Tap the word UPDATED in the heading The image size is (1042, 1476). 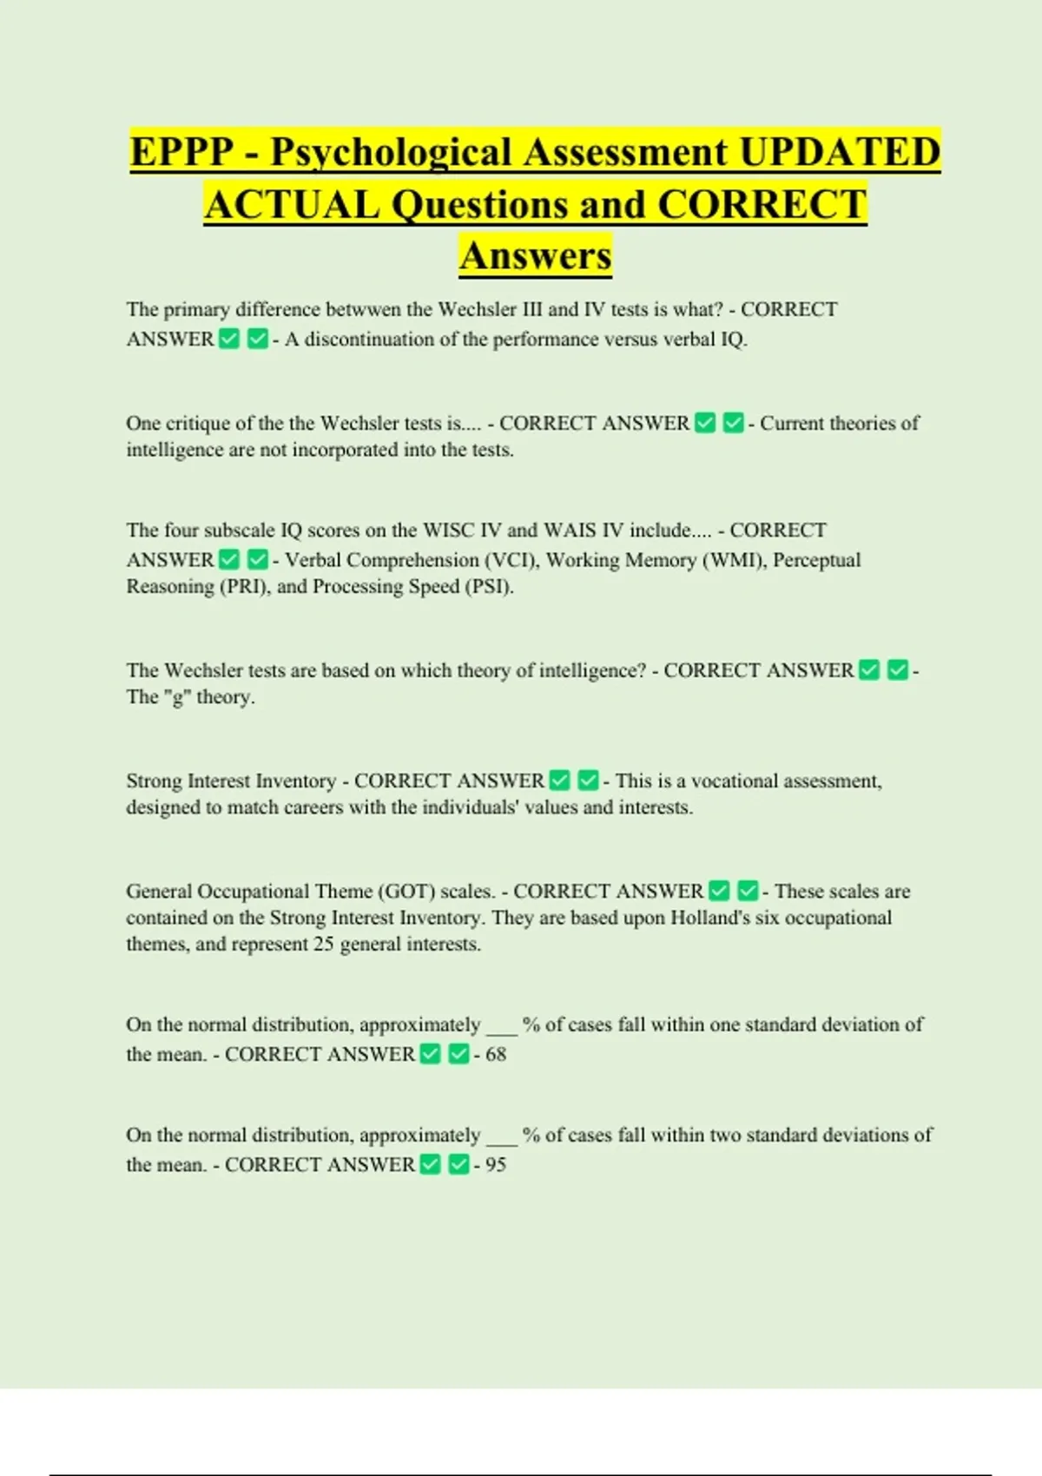pos(840,153)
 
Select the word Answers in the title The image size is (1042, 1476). pos(536,256)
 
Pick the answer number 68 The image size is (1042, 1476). pos(496,1055)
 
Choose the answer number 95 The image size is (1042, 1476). pos(496,1165)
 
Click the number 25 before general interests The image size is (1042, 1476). pos(324,945)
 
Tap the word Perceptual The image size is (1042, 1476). pos(816,560)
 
